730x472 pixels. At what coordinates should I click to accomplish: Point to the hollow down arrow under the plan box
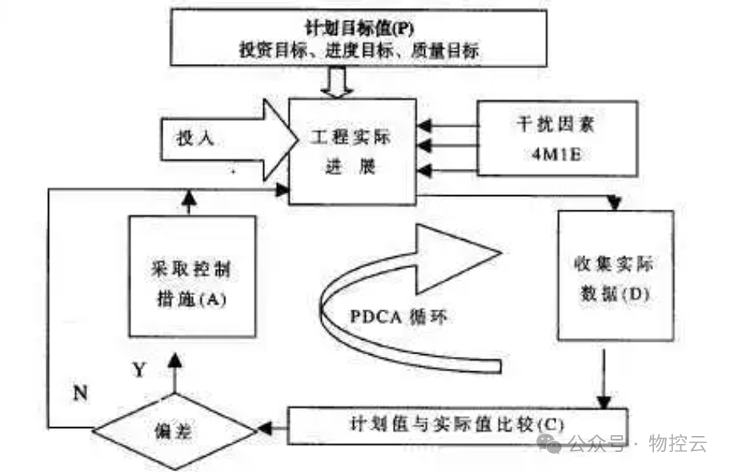(x=335, y=81)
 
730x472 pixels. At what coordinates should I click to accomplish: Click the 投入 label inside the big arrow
(x=195, y=138)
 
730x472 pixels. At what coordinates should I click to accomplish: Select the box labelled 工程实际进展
(x=352, y=152)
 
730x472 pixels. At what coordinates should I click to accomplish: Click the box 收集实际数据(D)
(x=614, y=277)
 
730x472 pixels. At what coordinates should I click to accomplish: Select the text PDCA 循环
(x=398, y=316)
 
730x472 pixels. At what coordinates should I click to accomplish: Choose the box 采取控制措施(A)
(x=192, y=276)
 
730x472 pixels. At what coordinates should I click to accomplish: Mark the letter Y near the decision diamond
(x=138, y=370)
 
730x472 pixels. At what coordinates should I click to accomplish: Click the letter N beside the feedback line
(x=80, y=392)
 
